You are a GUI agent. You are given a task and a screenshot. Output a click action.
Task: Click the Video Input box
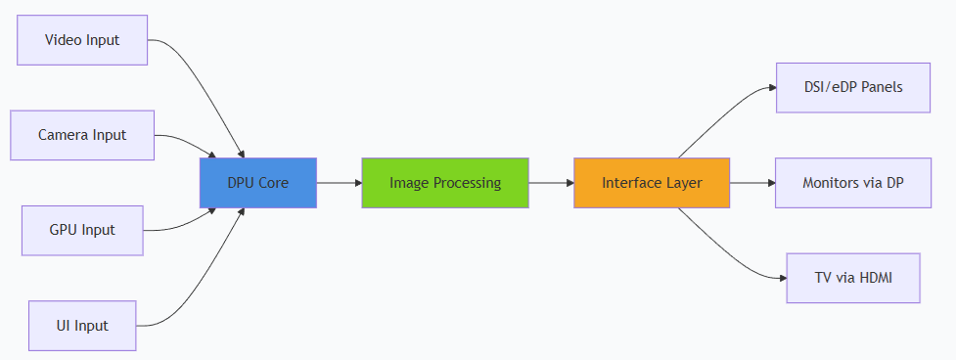click(x=82, y=40)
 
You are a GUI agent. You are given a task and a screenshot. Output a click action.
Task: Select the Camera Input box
click(x=82, y=135)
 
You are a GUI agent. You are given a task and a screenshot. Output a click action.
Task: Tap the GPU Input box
click(x=82, y=230)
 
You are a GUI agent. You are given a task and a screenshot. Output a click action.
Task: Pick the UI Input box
click(x=82, y=326)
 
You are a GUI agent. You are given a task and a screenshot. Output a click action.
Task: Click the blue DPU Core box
click(x=258, y=183)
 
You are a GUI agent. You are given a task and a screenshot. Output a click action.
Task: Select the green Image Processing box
click(x=445, y=183)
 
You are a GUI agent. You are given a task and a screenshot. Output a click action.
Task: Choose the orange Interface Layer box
click(x=652, y=183)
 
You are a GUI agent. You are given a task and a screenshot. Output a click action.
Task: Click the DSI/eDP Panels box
click(x=853, y=88)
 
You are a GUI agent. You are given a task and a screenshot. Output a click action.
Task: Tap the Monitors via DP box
click(x=853, y=183)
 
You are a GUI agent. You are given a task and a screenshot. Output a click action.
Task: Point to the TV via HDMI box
click(x=853, y=278)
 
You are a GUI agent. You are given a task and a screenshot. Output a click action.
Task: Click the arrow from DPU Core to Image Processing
click(x=340, y=183)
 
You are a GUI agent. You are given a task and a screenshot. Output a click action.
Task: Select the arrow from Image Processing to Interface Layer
click(x=551, y=183)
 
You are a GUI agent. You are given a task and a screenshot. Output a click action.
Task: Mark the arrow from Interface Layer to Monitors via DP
click(x=752, y=183)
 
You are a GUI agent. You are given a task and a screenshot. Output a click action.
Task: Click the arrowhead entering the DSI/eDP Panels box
click(x=772, y=88)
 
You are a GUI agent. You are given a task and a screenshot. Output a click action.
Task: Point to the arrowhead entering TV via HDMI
click(x=783, y=278)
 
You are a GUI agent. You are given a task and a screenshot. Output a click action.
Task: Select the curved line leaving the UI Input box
click(x=205, y=274)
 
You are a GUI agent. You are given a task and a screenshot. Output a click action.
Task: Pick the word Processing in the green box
click(x=472, y=183)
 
